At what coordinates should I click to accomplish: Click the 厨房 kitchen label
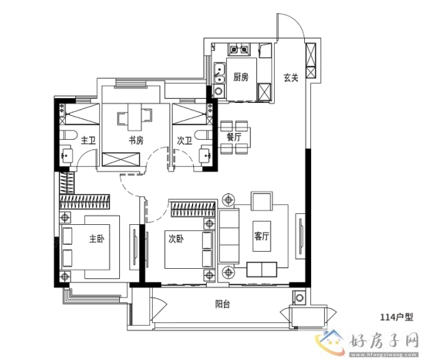[x=240, y=77]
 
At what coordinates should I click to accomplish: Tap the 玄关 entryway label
[x=290, y=77]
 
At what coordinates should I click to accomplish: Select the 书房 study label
[x=136, y=141]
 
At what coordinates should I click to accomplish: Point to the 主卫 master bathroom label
[x=88, y=141]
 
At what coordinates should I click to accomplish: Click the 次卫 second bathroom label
[x=184, y=141]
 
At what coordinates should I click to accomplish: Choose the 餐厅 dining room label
[x=234, y=136]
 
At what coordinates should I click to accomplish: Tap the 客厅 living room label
[x=262, y=237]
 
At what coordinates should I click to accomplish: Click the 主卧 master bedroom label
[x=97, y=239]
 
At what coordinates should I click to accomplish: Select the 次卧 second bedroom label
[x=176, y=239]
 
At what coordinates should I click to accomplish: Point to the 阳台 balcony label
[x=223, y=304]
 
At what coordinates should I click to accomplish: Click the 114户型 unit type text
[x=397, y=317]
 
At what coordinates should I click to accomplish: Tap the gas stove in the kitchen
[x=239, y=49]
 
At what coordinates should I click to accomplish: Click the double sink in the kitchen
[x=220, y=73]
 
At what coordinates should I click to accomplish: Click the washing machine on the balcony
[x=299, y=298]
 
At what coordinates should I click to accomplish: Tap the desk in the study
[x=135, y=117]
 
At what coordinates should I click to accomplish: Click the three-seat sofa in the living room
[x=229, y=236]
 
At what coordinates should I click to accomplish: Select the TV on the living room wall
[x=301, y=236]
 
